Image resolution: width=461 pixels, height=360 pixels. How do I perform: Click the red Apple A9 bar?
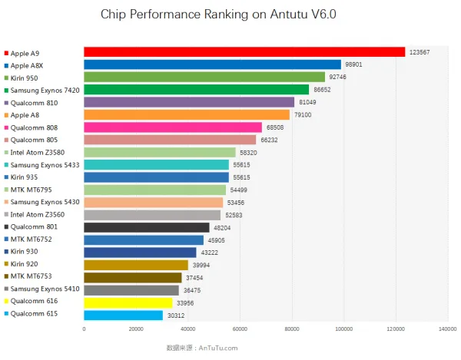pos(244,52)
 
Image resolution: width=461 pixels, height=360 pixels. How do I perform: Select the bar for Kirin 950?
pos(204,77)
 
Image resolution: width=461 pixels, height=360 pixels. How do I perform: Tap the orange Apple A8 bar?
pos(187,114)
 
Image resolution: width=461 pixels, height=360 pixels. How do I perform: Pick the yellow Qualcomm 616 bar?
pos(128,302)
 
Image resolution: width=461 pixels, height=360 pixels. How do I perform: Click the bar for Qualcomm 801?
pos(147,227)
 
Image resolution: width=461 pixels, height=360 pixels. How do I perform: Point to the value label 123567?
pos(420,52)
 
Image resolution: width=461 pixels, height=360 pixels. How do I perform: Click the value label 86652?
pos(322,90)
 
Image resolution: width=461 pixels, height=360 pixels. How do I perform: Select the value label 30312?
pos(176,315)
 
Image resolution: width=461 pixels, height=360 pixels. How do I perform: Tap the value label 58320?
pos(248,153)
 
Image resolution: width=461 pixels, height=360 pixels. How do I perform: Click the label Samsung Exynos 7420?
pos(45,91)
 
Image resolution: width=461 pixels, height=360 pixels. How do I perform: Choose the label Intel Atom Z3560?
pos(38,215)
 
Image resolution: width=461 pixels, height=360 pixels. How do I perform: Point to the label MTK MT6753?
pos(32,276)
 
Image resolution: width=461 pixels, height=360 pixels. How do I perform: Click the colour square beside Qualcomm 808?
pos(6,127)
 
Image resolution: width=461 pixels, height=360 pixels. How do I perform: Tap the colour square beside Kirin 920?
pos(6,264)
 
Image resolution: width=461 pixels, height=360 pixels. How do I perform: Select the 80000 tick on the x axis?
pos(292,329)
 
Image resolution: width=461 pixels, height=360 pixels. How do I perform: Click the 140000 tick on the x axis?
pos(448,329)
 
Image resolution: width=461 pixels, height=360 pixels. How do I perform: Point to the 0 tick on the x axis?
pos(84,329)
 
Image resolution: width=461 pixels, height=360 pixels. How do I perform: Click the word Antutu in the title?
pos(289,14)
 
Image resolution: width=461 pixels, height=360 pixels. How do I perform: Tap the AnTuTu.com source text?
pos(218,348)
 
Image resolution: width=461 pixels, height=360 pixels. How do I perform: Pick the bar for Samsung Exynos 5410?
pos(131,290)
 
